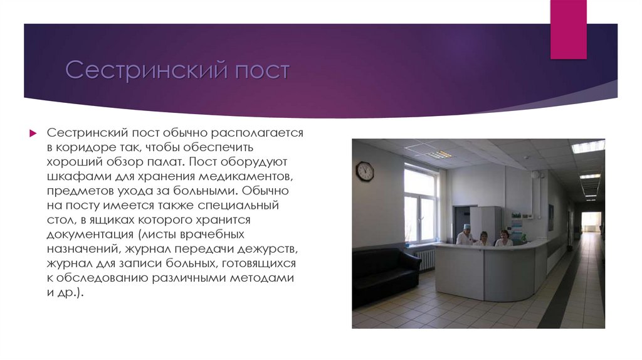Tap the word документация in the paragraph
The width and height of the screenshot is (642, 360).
[x=87, y=234]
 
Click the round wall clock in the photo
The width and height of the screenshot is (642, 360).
[x=365, y=171]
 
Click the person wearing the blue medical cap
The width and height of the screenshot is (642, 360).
[x=465, y=235]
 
